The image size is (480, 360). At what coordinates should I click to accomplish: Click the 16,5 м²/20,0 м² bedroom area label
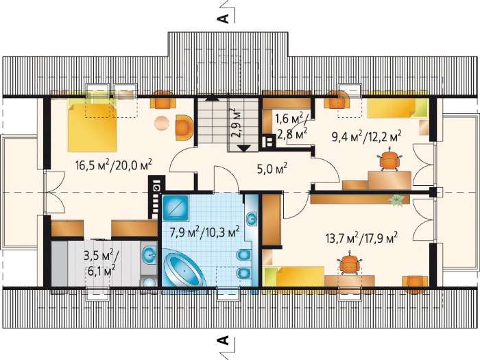[x=114, y=165]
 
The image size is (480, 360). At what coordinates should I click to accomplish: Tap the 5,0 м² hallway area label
[x=272, y=168]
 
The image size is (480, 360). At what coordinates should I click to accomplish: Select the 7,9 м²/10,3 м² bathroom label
[x=204, y=232]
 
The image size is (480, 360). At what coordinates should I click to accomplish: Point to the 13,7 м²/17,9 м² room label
[x=361, y=237]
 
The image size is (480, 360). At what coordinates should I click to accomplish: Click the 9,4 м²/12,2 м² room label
[x=366, y=136]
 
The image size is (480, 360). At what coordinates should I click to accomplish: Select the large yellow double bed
[x=92, y=127]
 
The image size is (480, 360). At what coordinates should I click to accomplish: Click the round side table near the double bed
[x=162, y=123]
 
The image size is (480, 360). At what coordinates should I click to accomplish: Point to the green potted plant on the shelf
[x=397, y=201]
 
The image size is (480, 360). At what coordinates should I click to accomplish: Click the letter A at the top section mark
[x=223, y=18]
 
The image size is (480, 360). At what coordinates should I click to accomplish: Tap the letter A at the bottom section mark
[x=223, y=340]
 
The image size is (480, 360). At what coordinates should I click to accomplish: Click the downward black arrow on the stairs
[x=244, y=149]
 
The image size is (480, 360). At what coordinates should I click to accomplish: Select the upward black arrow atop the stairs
[x=212, y=98]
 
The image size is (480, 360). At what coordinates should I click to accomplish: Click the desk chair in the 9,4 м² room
[x=389, y=159]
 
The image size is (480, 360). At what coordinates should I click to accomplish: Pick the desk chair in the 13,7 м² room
[x=350, y=263]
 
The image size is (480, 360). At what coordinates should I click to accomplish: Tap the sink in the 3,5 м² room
[x=149, y=254]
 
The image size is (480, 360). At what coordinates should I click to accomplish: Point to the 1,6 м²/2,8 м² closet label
[x=291, y=126]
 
